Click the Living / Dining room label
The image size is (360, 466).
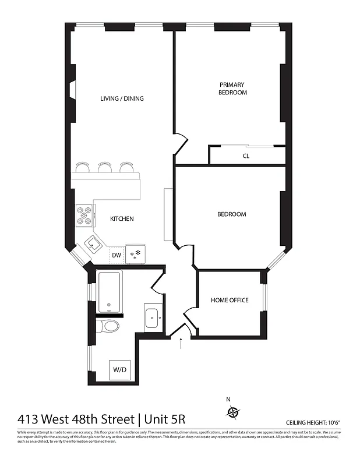(122, 98)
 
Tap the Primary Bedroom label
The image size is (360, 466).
(232, 89)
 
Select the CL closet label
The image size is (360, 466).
(246, 156)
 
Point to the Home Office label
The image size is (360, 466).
(230, 301)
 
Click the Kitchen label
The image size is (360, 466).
(122, 219)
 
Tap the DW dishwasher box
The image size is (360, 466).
(116, 255)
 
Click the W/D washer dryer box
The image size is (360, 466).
(119, 369)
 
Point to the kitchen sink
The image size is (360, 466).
(94, 244)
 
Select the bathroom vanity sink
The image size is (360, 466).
(154, 318)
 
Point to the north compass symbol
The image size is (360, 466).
(233, 412)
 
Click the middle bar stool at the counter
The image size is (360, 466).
(105, 167)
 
